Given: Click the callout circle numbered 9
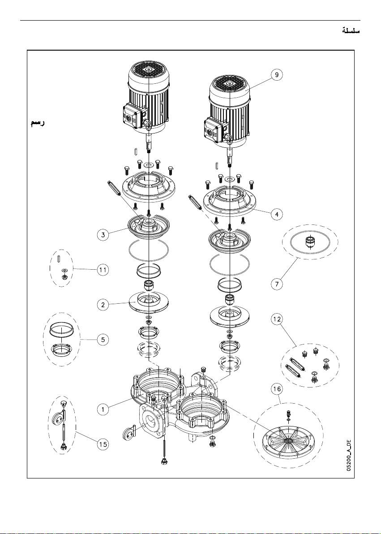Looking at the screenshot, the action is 278,75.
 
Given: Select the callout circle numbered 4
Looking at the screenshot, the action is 277,214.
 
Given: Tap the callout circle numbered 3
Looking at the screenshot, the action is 103,235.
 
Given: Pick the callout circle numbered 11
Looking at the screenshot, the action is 103,270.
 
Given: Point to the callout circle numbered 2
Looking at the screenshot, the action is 103,305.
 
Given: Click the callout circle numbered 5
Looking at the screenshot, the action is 103,340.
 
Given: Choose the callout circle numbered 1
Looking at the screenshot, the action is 103,409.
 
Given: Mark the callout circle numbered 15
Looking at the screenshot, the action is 103,444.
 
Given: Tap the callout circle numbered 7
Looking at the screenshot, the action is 277,284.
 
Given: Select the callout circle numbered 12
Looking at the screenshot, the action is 277,319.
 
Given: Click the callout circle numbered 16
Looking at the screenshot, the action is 277,388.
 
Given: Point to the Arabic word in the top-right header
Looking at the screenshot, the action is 351,30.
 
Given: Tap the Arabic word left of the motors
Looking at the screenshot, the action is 37,123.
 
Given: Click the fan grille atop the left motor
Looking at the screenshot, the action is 149,72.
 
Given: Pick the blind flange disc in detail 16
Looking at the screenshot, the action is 288,441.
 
